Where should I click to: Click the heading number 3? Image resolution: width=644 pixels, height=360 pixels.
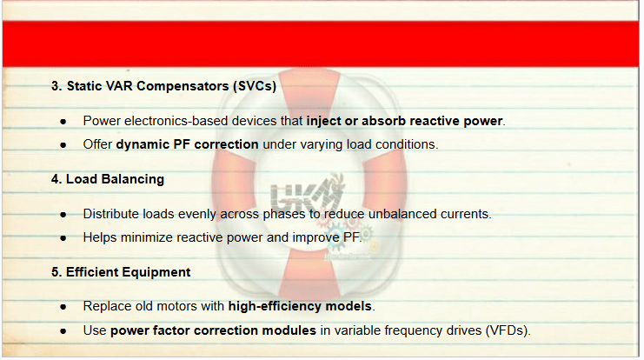[x=56, y=86]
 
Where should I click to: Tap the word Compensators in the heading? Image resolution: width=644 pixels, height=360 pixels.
[x=183, y=86]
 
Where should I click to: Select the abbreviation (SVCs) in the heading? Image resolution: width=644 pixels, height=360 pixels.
[x=255, y=86]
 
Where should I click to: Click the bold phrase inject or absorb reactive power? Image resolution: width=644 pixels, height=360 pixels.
[x=404, y=121]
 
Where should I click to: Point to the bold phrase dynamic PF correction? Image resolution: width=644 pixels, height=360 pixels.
[x=187, y=144]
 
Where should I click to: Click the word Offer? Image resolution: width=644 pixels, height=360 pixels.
[x=97, y=144]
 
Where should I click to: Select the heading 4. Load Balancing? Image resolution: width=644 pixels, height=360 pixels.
[x=108, y=179]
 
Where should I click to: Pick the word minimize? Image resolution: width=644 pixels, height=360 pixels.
[x=147, y=237]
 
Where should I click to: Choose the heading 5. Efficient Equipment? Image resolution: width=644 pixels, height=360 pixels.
[x=121, y=272]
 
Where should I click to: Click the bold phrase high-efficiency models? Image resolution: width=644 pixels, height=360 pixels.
[x=300, y=306]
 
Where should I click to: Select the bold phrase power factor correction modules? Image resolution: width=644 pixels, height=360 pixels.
[x=213, y=330]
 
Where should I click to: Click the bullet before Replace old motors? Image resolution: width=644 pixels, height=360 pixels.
[x=63, y=307]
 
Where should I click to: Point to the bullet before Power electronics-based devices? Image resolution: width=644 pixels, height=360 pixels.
[x=63, y=122]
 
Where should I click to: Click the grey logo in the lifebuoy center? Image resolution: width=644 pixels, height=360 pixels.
[x=307, y=192]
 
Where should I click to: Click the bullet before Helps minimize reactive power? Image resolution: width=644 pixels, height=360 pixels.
[x=63, y=238]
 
